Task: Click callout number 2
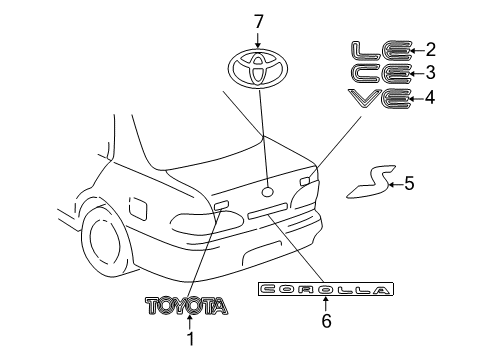(x=432, y=48)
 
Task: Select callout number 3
(x=432, y=72)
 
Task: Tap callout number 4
(x=432, y=97)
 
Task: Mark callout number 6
(x=323, y=322)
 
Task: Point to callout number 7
(x=258, y=19)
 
